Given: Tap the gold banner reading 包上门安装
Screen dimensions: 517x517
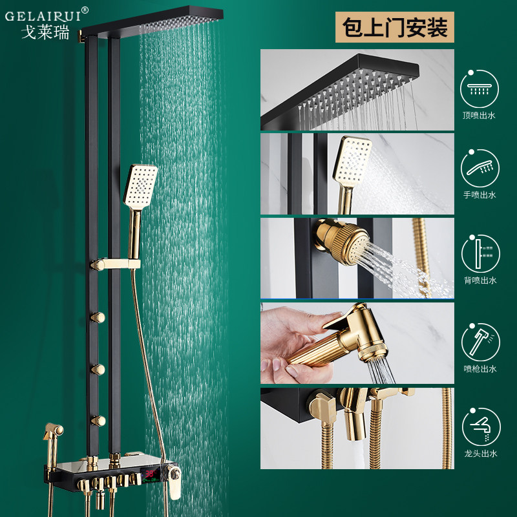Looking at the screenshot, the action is [x=395, y=27].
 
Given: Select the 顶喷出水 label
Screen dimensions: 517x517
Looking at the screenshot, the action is [x=479, y=116].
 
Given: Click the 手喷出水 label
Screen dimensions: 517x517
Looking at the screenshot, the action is [x=480, y=195].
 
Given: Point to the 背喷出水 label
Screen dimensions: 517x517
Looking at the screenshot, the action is [x=480, y=280].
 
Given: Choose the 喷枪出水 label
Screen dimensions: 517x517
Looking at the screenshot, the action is [x=480, y=368].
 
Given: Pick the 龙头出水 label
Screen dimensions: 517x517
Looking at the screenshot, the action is [x=480, y=454].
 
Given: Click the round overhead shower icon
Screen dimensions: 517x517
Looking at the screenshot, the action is [x=480, y=89].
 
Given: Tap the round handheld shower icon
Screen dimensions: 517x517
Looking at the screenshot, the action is [x=480, y=168].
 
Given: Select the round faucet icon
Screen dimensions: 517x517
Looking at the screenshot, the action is [x=481, y=427].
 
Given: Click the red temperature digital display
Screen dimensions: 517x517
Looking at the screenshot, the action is [x=151, y=474].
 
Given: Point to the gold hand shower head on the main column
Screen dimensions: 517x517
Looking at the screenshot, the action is [x=140, y=187].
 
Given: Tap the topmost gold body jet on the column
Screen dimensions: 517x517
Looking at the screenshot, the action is [x=98, y=318].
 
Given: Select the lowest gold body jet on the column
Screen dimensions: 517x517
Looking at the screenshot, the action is [x=98, y=421].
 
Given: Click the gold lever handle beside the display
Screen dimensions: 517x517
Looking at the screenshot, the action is [x=173, y=482].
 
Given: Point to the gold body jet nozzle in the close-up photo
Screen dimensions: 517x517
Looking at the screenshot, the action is [x=341, y=242].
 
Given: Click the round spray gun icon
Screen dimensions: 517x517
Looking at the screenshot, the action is [x=481, y=343].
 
